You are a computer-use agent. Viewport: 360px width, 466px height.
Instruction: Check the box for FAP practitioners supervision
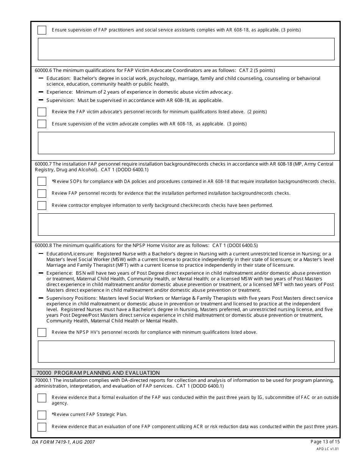coord(42,30)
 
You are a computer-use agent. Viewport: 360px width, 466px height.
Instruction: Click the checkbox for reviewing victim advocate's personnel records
coord(42,112)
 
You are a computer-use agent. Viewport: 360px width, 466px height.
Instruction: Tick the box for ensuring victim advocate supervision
coord(42,124)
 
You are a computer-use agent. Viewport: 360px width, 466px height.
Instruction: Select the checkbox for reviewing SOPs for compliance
coord(42,181)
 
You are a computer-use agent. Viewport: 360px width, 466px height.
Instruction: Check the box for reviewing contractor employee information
coord(42,205)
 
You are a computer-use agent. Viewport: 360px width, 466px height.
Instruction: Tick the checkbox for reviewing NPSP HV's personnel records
coord(42,332)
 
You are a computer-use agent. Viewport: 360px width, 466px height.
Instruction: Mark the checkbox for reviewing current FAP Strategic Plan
coord(42,414)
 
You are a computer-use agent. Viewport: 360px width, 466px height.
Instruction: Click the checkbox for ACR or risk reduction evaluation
coord(42,427)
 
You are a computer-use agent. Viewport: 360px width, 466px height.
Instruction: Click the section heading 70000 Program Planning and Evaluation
coord(98,373)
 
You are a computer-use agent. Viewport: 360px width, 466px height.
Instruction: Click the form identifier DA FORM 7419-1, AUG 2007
coord(63,442)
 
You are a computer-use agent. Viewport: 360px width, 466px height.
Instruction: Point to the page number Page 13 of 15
coord(325,442)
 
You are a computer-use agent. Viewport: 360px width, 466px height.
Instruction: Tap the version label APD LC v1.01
coord(327,449)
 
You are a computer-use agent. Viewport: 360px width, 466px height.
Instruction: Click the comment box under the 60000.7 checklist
coord(186,224)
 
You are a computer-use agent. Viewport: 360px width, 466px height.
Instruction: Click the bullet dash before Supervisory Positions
coord(41,298)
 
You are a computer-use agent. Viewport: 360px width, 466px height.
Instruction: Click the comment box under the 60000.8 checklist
coord(186,352)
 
